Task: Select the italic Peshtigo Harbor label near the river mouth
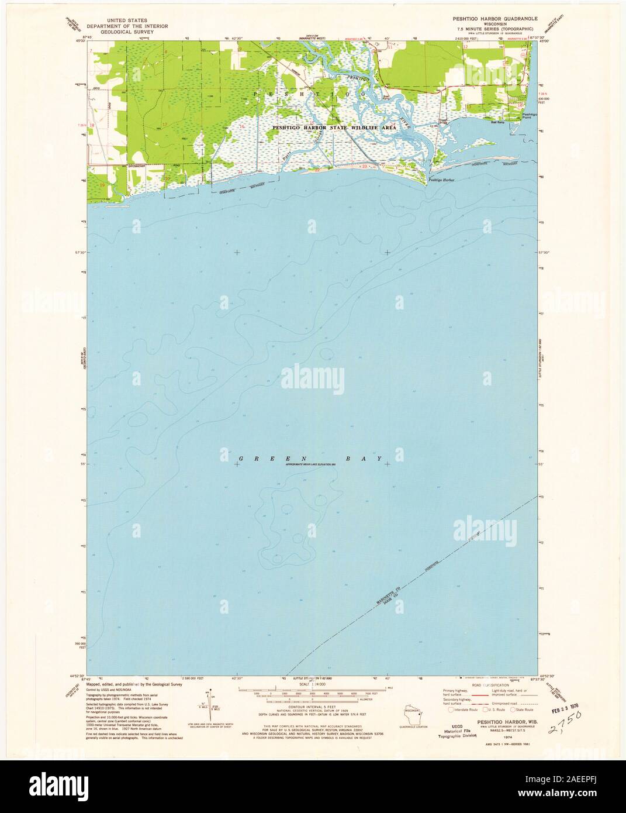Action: point(441,180)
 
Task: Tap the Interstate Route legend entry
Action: point(465,709)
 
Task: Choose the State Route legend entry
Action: point(520,709)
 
